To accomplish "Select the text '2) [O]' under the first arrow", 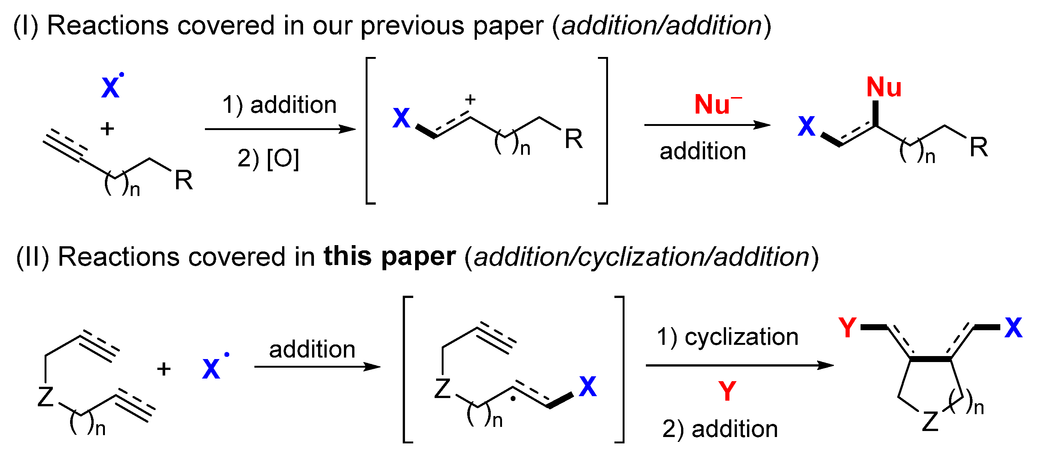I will pos(269,158).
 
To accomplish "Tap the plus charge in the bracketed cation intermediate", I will pos(470,99).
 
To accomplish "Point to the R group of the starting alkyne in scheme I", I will pos(184,180).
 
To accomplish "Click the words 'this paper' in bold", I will pos(390,256).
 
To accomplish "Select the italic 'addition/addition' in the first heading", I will pos(662,26).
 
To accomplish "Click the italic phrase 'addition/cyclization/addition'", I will pos(642,257).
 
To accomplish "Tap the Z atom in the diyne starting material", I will pos(45,397).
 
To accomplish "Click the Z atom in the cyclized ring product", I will pos(930,422).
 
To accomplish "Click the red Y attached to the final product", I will pos(847,327).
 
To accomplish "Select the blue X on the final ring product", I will pos(1013,328).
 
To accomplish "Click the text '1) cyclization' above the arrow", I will pos(728,337).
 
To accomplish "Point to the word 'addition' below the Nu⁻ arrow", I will pos(703,151).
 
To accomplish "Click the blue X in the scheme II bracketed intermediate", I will pos(588,386).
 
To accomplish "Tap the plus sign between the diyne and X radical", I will pos(164,368).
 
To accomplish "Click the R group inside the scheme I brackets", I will pos(574,139).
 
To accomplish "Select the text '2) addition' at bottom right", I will pos(720,429).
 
